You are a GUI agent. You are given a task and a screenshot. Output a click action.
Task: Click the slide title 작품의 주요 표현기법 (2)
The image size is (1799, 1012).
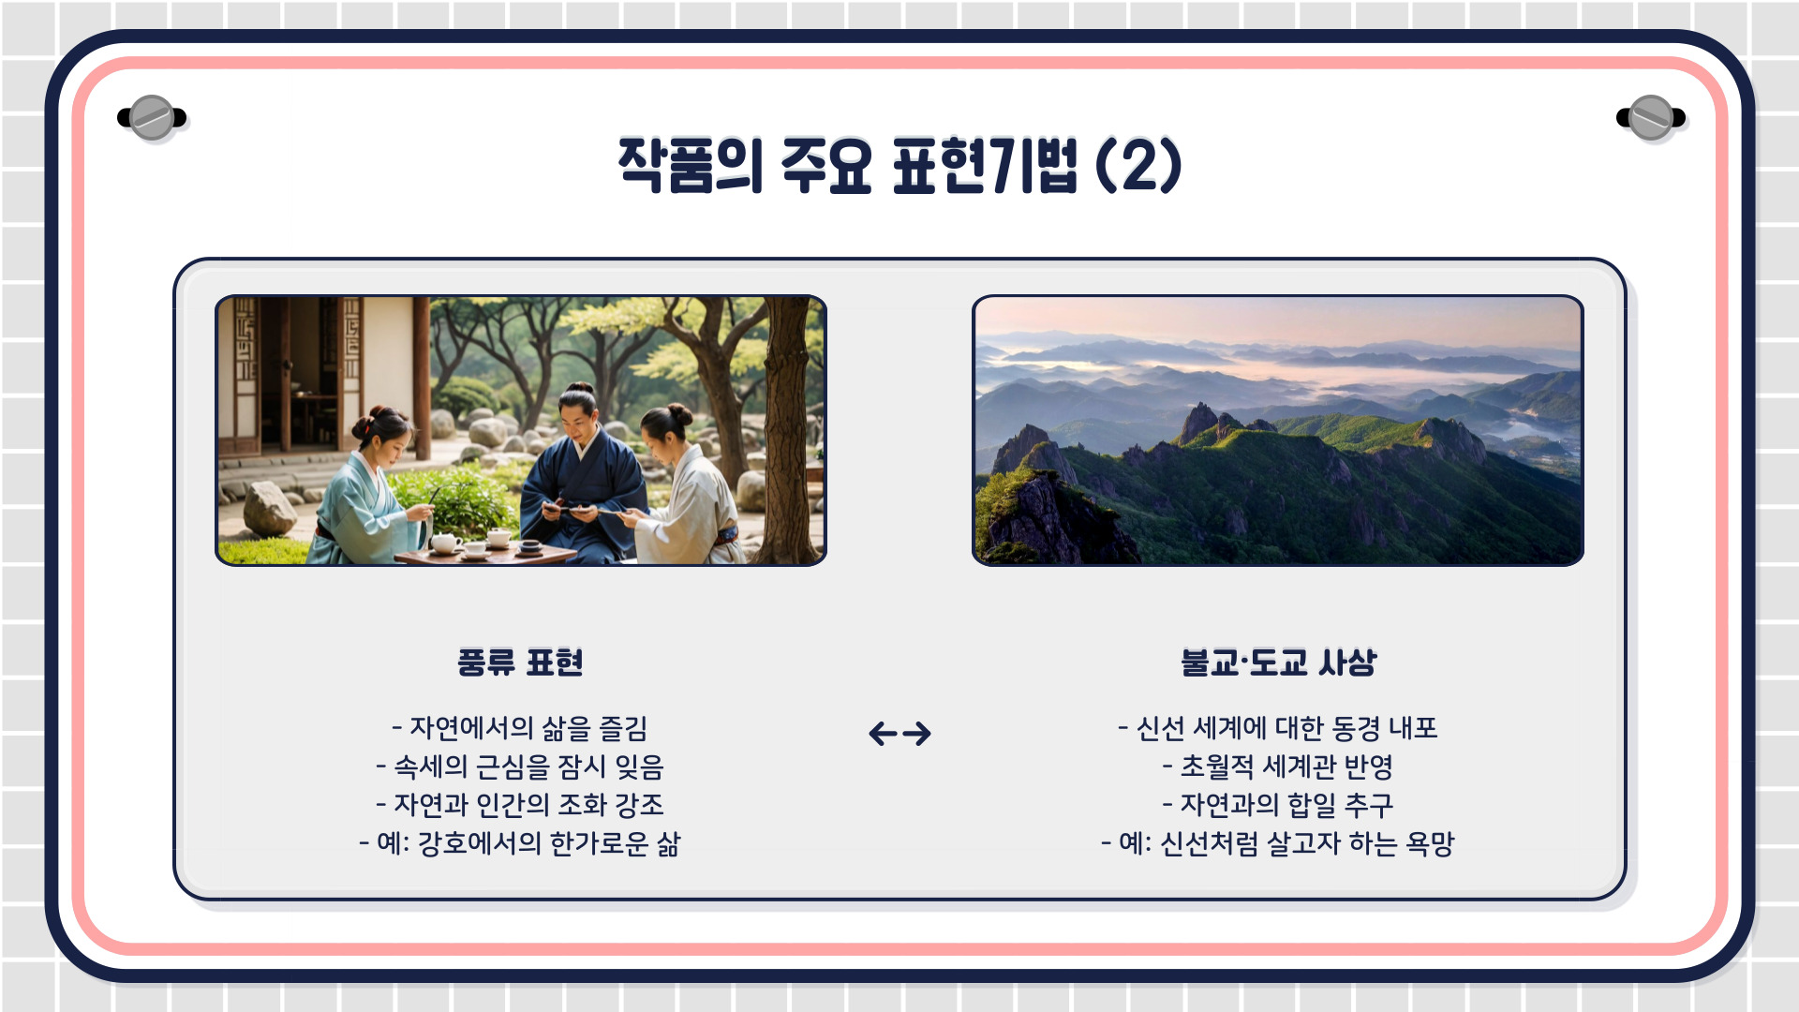[x=899, y=166]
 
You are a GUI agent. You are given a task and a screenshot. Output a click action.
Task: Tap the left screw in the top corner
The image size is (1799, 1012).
[x=152, y=118]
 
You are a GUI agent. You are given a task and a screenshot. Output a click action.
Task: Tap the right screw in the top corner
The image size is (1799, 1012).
[x=1651, y=118]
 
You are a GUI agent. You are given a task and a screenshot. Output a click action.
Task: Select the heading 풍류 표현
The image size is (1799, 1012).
[x=520, y=662]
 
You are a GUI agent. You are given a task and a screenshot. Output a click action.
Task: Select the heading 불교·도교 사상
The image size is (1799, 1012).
[x=1278, y=662]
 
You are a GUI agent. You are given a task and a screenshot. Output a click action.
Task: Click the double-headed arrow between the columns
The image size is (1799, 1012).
[x=899, y=733]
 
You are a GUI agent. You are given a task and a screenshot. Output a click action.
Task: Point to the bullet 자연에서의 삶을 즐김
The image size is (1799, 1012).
[x=520, y=728]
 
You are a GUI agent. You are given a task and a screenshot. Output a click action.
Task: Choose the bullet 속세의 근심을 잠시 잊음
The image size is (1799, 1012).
[x=520, y=766]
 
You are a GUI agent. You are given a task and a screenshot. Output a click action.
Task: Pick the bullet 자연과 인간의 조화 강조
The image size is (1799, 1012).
[x=520, y=805]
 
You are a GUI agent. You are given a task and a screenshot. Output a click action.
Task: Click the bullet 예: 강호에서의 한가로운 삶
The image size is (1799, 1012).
[x=520, y=843]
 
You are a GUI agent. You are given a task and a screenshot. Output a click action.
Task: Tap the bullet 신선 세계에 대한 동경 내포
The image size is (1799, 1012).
[x=1278, y=728]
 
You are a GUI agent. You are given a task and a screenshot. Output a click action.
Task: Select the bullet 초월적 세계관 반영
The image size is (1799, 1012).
[x=1278, y=766]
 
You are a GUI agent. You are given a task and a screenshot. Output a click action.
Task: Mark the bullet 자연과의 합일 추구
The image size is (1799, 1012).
[x=1278, y=805]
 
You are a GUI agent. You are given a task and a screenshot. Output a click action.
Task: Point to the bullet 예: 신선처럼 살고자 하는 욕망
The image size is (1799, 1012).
[x=1278, y=843]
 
